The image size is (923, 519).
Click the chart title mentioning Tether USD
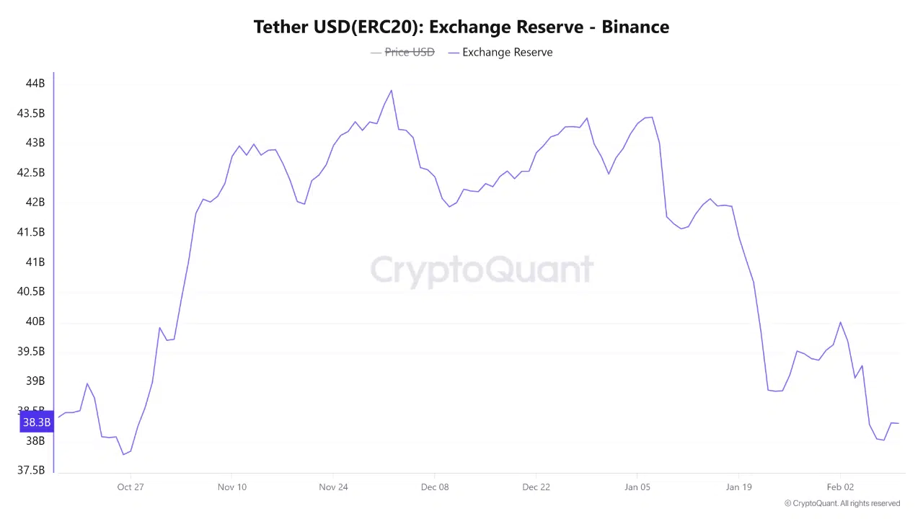click(x=461, y=27)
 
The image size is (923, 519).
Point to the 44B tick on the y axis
click(x=35, y=84)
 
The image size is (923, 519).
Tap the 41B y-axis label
click(x=35, y=262)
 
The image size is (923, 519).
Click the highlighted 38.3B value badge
click(x=37, y=422)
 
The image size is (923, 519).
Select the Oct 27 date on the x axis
click(x=131, y=487)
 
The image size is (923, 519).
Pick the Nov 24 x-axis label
click(x=333, y=487)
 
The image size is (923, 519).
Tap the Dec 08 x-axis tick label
click(x=435, y=487)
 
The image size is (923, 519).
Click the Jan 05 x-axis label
click(x=637, y=487)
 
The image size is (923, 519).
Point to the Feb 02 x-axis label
click(x=840, y=487)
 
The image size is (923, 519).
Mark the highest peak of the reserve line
click(x=392, y=91)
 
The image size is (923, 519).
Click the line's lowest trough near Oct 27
click(x=123, y=454)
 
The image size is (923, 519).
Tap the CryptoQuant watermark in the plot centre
click(x=482, y=270)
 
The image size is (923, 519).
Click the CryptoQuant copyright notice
click(x=842, y=503)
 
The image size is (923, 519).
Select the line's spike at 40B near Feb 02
click(x=840, y=322)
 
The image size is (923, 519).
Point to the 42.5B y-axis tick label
click(x=31, y=173)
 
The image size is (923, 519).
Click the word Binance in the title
click(x=635, y=27)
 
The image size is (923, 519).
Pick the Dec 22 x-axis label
click(x=536, y=487)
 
